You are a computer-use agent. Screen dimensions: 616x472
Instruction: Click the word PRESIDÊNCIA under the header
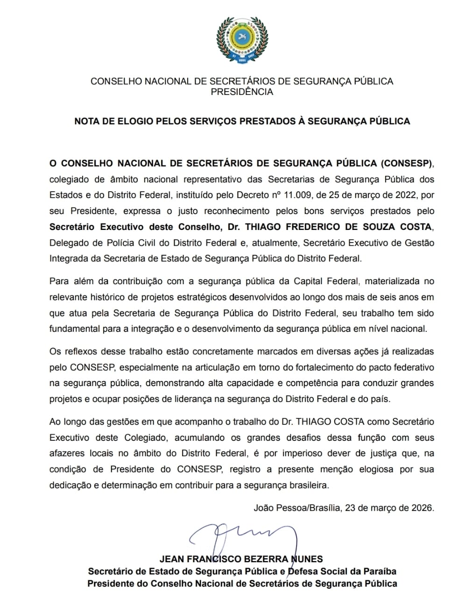(242, 92)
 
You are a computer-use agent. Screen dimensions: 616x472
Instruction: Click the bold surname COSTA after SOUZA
(413, 227)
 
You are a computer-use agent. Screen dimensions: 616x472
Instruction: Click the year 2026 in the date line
(423, 508)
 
